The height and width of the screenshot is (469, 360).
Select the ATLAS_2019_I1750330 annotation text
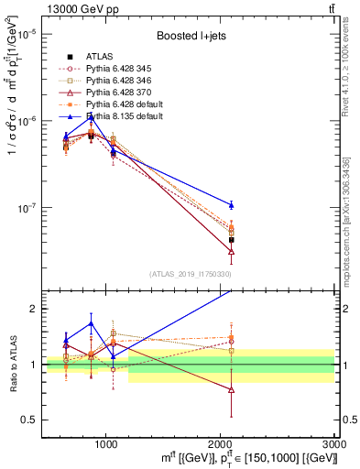[x=190, y=273]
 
